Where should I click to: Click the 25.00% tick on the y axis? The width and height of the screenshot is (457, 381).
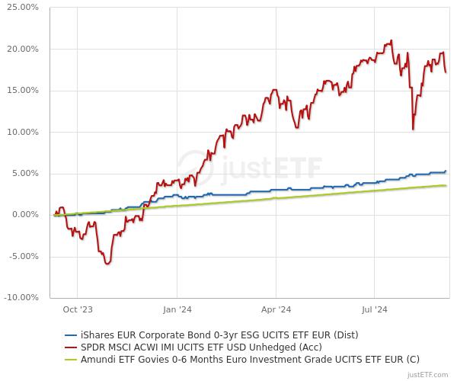click(x=23, y=8)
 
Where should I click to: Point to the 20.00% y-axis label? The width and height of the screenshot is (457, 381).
click(x=23, y=49)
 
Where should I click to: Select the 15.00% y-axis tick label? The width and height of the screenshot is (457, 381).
click(x=23, y=91)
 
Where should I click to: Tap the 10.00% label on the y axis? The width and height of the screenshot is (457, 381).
click(x=23, y=132)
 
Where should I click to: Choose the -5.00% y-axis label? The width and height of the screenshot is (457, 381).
click(x=24, y=256)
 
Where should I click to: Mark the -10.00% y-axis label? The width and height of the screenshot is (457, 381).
click(x=22, y=297)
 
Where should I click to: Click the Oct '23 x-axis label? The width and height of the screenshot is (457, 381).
click(x=78, y=309)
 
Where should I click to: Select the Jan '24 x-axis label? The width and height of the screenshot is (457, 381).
click(x=177, y=309)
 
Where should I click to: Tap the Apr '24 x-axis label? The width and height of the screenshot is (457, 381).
click(x=276, y=309)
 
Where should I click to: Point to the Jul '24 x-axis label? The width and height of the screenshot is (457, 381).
click(x=374, y=309)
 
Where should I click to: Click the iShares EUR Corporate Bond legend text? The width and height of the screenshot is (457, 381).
click(x=219, y=335)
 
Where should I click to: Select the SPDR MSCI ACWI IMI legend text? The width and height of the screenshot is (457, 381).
click(x=201, y=347)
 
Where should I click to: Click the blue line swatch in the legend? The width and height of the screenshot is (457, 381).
click(x=71, y=335)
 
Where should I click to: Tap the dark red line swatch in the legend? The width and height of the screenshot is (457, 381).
click(x=71, y=347)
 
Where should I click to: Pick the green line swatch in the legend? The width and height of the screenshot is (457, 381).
click(x=71, y=359)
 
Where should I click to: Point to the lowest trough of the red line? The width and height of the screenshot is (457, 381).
click(x=107, y=264)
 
